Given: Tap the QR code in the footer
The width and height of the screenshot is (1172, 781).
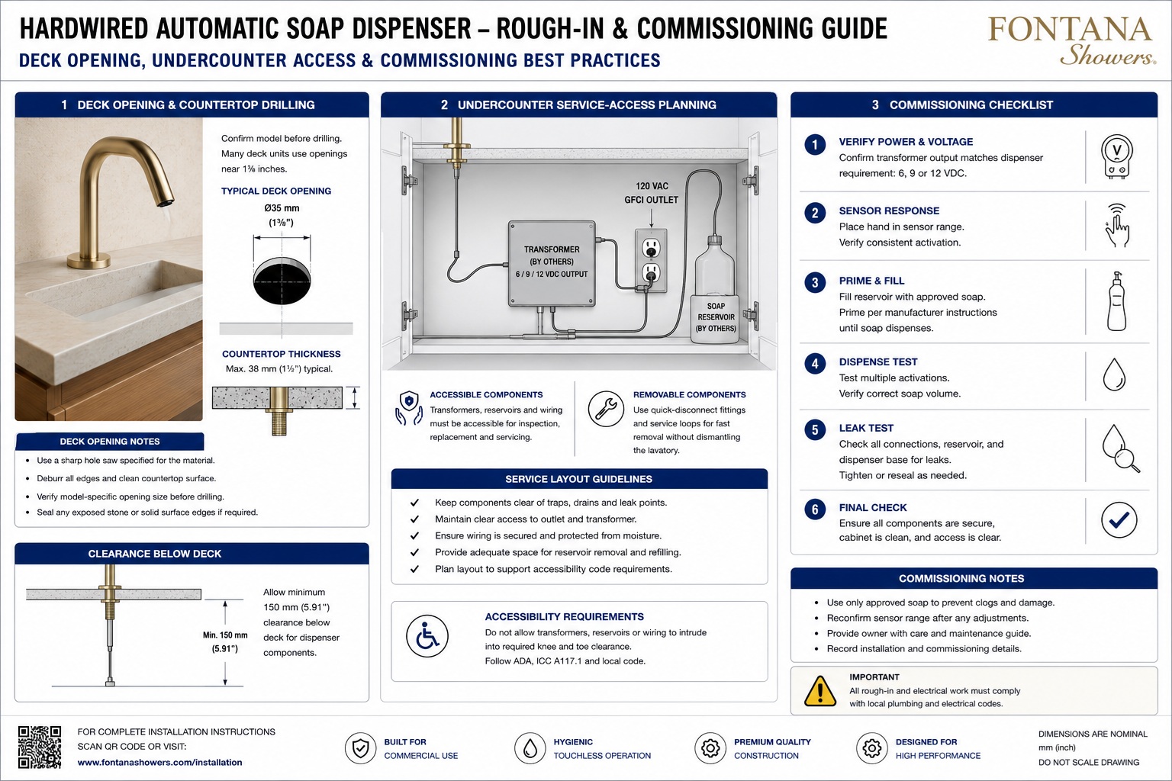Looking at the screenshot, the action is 40,747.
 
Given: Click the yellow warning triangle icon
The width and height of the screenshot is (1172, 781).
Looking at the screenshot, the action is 820,691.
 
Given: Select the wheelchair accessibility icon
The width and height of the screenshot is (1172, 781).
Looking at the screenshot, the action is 427,636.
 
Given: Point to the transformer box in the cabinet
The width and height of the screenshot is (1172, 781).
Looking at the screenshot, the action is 552,263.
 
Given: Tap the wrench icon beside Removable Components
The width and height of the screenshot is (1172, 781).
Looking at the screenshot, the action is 606,409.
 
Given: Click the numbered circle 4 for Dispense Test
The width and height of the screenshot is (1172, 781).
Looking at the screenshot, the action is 815,363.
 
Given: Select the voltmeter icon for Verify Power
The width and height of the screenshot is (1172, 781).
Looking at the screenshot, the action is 1116,156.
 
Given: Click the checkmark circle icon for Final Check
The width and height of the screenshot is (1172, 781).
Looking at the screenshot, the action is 1119,520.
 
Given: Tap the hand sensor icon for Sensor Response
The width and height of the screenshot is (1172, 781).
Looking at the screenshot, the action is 1117,226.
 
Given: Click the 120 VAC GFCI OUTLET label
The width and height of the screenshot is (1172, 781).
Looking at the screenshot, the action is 651,193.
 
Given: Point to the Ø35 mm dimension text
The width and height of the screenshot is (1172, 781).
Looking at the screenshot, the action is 282,208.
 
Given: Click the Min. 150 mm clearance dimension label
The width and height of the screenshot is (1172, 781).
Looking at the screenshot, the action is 225,642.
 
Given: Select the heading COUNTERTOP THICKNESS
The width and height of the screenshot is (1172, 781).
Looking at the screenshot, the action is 281,354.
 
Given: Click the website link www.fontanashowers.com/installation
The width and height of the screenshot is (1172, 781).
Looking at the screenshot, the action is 159,763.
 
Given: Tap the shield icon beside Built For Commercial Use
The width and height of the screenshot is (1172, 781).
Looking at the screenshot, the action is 360,748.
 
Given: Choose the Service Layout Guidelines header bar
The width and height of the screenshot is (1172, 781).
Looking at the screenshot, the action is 579,479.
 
